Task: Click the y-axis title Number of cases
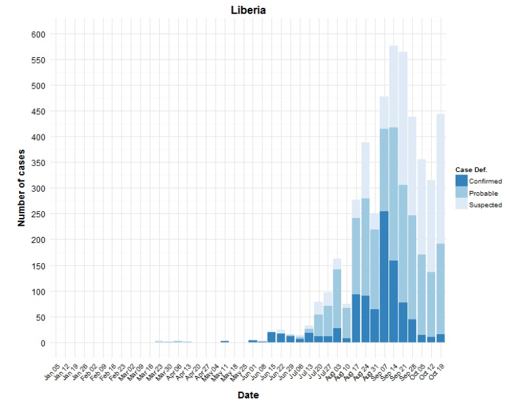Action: click(x=21, y=188)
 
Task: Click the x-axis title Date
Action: click(x=248, y=395)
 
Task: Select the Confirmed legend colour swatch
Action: click(x=461, y=181)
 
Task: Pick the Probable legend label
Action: click(x=483, y=193)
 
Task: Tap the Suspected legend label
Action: click(x=485, y=205)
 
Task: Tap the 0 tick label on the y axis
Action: click(x=42, y=343)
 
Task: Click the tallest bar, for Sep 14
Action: click(x=394, y=197)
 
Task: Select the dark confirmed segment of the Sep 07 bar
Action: click(x=384, y=276)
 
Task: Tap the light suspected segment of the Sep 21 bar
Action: click(x=403, y=118)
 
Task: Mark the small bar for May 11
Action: click(x=225, y=341)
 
